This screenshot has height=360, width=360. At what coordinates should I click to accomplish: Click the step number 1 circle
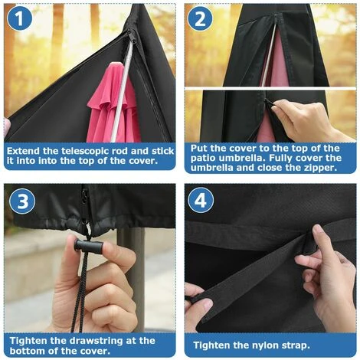18,20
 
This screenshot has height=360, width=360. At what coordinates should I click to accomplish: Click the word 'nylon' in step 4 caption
273,345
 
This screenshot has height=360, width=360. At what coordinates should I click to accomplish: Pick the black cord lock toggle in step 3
87,246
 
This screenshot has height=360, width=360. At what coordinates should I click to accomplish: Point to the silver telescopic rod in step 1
125,92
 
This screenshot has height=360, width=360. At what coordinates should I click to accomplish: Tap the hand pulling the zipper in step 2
306,119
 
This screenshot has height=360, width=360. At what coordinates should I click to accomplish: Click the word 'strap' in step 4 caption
308,345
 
